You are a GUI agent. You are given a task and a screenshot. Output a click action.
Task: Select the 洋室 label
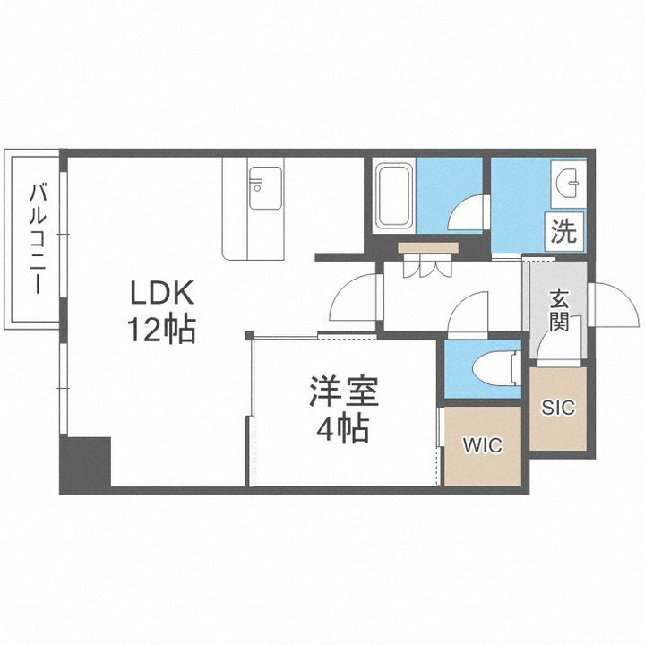(344, 393)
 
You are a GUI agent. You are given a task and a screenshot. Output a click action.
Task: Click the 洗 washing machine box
(563, 233)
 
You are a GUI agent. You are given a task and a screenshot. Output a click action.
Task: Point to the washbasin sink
(570, 183)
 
